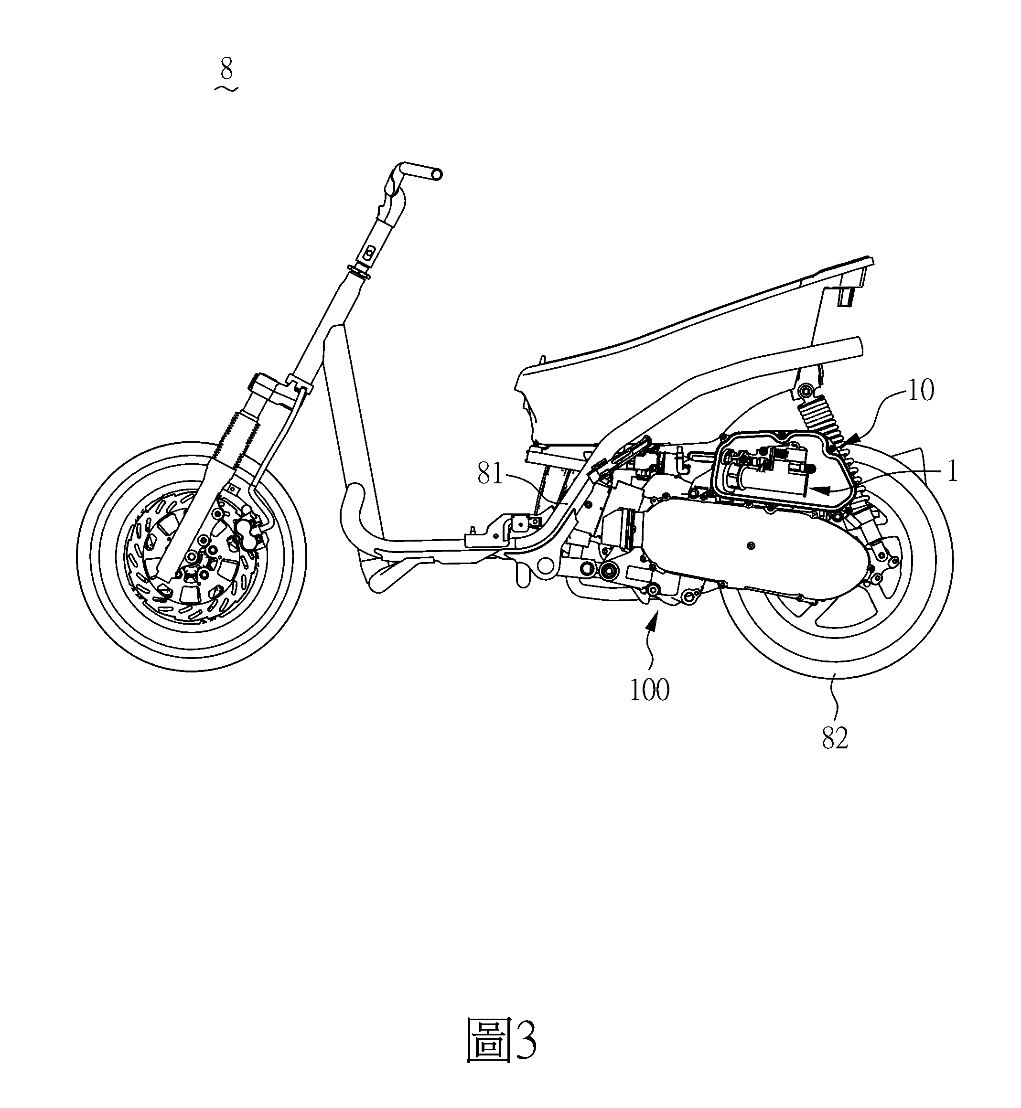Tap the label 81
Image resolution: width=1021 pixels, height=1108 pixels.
pyautogui.click(x=491, y=474)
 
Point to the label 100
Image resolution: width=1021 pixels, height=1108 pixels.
pyautogui.click(x=650, y=690)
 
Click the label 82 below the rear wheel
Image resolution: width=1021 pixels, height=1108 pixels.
pyautogui.click(x=835, y=738)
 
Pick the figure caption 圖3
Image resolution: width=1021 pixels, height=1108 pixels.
pyautogui.click(x=502, y=1041)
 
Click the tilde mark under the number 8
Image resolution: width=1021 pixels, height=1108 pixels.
pyautogui.click(x=226, y=88)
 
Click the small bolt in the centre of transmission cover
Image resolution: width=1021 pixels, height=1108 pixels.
pyautogui.click(x=750, y=546)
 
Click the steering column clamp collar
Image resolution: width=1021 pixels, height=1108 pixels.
pyautogui.click(x=358, y=272)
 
